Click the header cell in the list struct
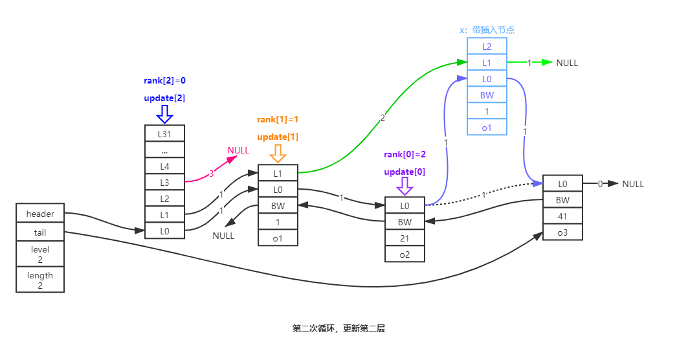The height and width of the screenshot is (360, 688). [x=40, y=214]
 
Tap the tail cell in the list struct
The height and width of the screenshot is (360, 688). [x=40, y=232]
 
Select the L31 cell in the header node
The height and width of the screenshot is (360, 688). [x=165, y=133]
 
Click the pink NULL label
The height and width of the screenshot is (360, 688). [x=238, y=150]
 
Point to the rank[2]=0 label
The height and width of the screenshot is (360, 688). [x=164, y=81]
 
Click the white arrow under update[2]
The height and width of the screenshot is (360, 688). [x=164, y=114]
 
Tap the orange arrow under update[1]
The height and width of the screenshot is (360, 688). [x=278, y=154]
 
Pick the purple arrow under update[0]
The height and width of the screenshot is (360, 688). [x=405, y=186]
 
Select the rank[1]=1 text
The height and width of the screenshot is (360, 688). [x=278, y=120]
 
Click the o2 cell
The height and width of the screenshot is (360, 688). [x=405, y=254]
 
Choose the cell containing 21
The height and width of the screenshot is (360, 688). [x=405, y=238]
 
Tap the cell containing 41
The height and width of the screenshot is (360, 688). [x=563, y=216]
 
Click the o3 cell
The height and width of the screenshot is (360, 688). [x=563, y=232]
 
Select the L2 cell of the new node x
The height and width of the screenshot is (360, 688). [x=487, y=47]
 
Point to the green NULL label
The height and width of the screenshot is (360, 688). [x=568, y=63]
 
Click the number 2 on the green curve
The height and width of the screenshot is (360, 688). [x=383, y=117]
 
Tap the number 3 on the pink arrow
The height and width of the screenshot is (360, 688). [x=211, y=174]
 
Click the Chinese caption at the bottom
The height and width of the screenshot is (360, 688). [x=338, y=328]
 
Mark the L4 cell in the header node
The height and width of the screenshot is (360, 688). [x=165, y=166]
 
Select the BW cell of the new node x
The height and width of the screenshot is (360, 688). [x=487, y=95]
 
